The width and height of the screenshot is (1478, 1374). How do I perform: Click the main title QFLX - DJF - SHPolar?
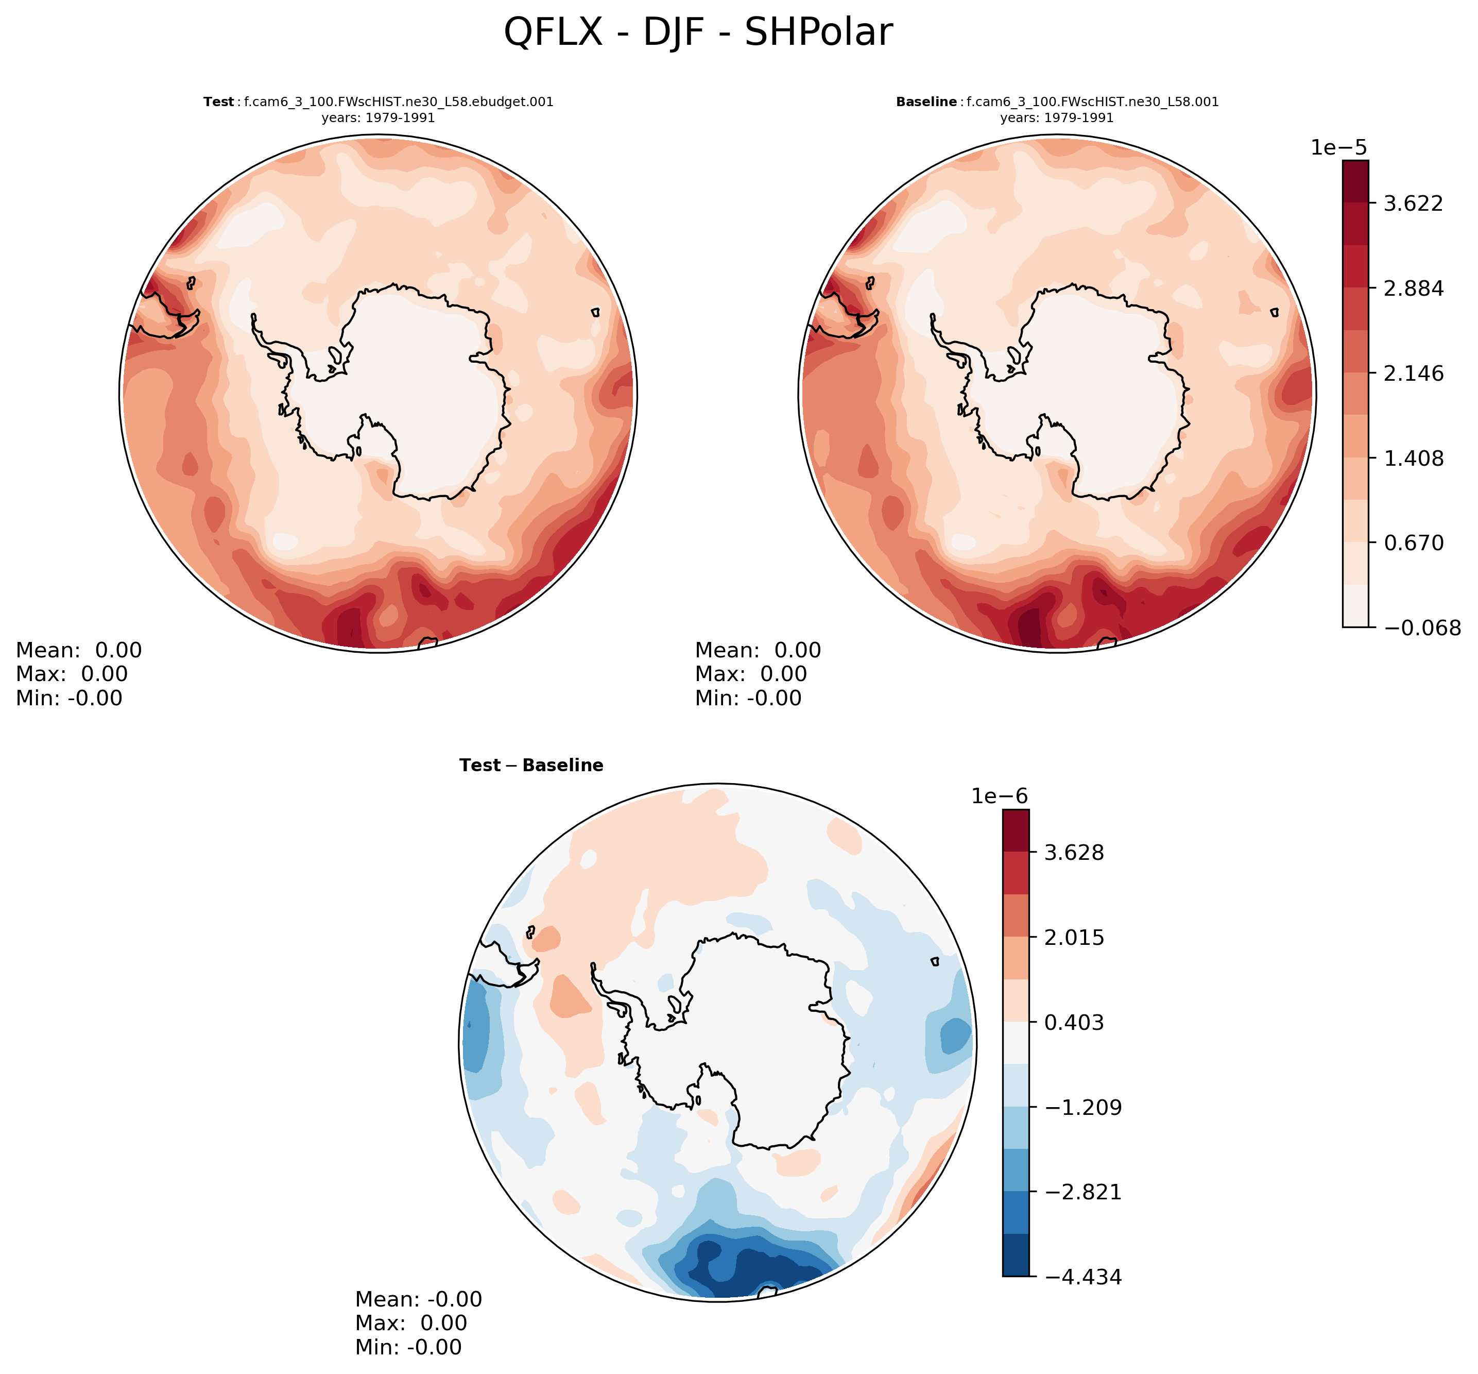[698, 33]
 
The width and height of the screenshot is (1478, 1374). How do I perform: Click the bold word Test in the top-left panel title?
[218, 102]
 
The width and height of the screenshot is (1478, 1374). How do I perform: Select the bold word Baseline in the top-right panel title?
[926, 102]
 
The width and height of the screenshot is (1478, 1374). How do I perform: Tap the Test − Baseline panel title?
[531, 765]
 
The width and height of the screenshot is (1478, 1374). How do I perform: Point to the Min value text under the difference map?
[408, 1347]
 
